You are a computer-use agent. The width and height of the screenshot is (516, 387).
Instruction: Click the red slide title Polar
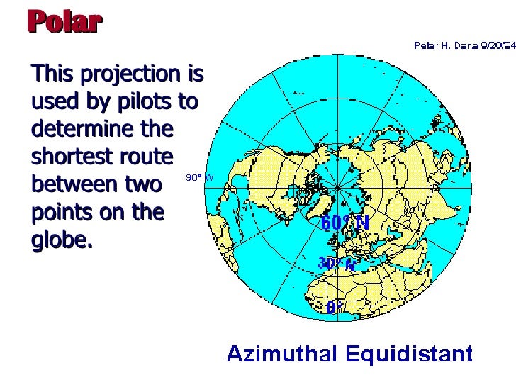pos(65,22)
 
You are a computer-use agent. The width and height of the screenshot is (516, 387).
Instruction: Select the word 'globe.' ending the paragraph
pos(62,240)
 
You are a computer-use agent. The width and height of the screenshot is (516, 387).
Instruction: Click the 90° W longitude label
pos(199,178)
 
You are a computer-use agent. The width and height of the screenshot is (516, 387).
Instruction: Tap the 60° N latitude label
pos(345,223)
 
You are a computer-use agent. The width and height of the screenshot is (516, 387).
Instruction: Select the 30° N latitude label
pos(336,263)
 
